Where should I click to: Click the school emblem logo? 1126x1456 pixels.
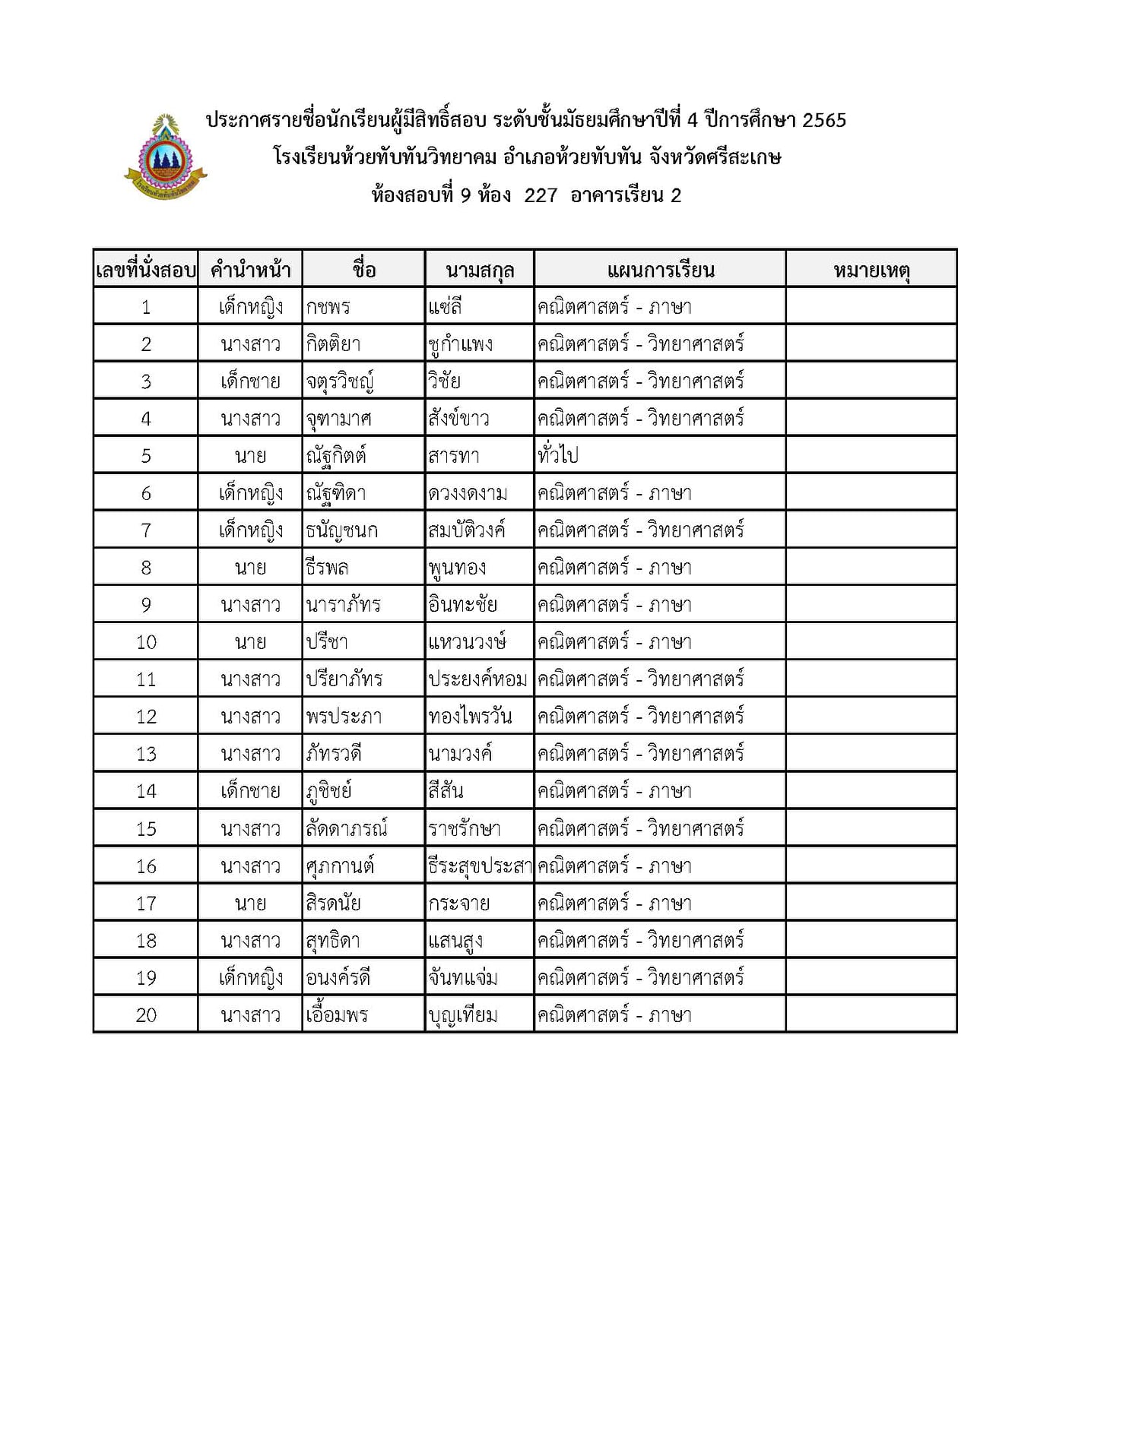tap(165, 158)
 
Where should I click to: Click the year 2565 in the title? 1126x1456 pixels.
tap(823, 120)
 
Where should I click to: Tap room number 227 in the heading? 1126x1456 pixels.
tap(541, 195)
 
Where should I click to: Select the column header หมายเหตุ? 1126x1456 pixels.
tap(871, 270)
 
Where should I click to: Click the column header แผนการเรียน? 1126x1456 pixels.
tap(660, 270)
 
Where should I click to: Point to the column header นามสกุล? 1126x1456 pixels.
tap(479, 270)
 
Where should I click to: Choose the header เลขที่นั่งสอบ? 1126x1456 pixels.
tap(146, 270)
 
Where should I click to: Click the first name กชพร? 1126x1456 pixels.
tap(328, 307)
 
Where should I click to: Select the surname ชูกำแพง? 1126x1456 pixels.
tap(460, 344)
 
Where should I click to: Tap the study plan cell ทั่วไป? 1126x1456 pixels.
tap(557, 456)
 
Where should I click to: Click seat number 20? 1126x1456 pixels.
tap(146, 1015)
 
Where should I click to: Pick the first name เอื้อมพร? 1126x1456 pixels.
tap(337, 1015)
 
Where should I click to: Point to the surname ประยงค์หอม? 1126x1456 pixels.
tap(477, 679)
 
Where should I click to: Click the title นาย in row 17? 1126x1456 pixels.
tap(250, 904)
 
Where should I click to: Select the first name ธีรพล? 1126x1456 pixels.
tap(327, 568)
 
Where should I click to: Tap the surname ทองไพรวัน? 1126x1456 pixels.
tap(470, 717)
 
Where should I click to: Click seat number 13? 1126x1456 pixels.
tap(146, 754)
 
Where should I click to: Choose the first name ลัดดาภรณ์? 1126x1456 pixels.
tap(346, 828)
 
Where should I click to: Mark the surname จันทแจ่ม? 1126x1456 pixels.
tap(462, 978)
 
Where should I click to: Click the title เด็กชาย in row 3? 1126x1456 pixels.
tap(250, 381)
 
